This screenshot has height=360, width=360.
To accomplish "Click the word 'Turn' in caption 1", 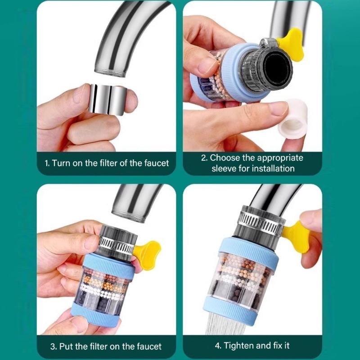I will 61,163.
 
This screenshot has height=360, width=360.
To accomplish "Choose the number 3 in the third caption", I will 53,346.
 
